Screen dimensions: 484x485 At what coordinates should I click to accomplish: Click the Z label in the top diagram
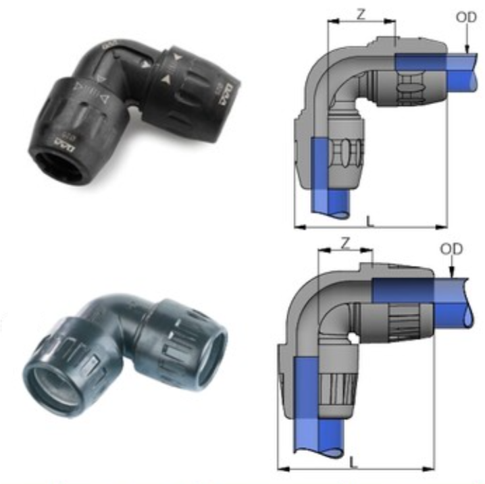[x=361, y=14]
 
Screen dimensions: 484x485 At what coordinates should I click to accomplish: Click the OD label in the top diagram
[x=466, y=17]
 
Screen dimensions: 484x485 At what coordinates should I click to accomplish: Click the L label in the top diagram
[x=368, y=220]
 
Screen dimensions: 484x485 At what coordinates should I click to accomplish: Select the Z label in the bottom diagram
[x=345, y=243]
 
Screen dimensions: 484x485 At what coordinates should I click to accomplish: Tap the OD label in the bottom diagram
[x=451, y=248]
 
